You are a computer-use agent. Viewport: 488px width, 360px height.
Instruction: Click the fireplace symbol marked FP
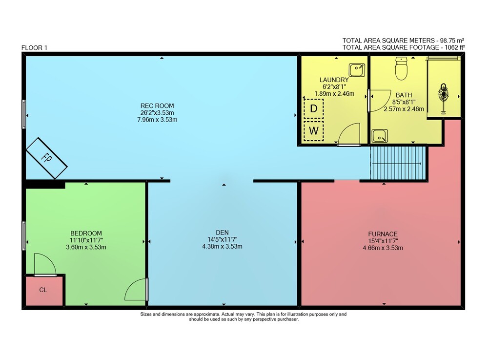pos(47,158)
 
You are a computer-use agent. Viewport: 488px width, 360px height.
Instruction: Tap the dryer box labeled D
pos(313,108)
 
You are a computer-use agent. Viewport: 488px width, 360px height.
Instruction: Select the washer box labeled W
pos(313,130)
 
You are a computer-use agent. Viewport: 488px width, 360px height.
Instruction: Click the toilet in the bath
pos(401,68)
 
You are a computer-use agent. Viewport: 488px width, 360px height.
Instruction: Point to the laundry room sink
pos(357,70)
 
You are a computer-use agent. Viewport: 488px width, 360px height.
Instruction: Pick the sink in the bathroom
pos(380,136)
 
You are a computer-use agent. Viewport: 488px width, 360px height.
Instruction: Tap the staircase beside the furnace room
pos(398,163)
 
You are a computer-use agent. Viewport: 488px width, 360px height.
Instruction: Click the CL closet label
pos(43,290)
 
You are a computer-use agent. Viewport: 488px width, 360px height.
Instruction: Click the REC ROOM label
pos(157,106)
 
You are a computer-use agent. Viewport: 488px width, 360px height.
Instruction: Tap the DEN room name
pos(222,233)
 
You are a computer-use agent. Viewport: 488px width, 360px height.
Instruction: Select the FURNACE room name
pos(383,234)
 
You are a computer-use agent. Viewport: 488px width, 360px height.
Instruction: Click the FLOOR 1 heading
pos(34,48)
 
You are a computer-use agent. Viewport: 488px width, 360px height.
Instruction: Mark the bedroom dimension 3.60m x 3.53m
pos(86,247)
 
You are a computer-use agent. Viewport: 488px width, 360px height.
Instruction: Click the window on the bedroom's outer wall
pos(23,236)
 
